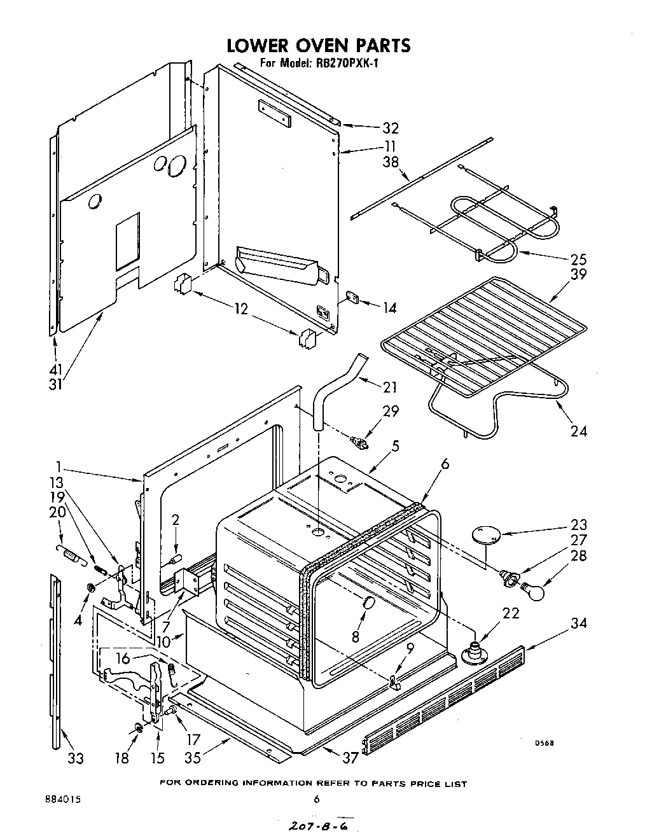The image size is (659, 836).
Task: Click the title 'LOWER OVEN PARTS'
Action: (319, 45)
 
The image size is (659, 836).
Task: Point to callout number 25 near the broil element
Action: (579, 259)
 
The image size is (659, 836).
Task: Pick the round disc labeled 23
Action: (485, 533)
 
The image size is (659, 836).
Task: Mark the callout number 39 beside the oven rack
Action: (578, 274)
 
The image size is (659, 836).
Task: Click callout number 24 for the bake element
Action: (578, 431)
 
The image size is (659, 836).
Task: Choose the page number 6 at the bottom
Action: (316, 800)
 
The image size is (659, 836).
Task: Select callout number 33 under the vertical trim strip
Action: (76, 758)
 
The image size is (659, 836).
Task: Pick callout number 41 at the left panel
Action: (57, 370)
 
